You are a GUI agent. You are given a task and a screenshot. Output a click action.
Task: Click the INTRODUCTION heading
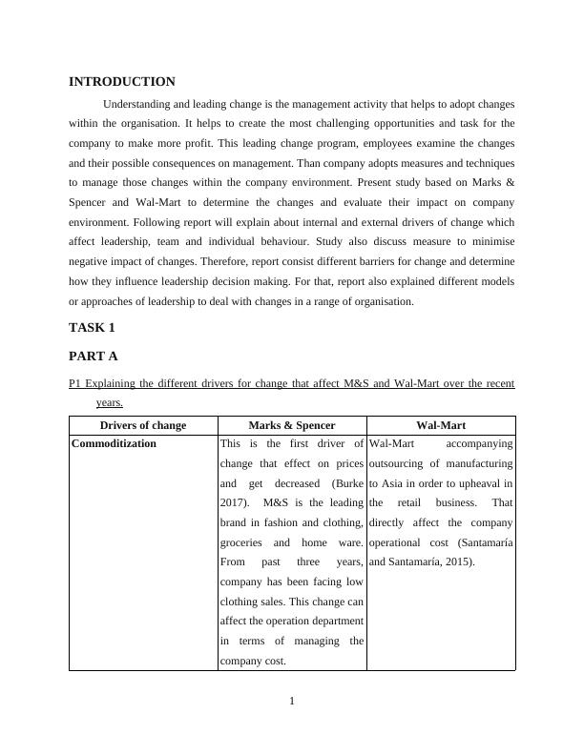tap(122, 82)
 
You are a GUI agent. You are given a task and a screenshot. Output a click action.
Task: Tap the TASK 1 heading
tap(92, 327)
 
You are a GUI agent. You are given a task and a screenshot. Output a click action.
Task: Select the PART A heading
tap(94, 356)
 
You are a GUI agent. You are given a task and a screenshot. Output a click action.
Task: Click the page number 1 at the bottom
tap(292, 702)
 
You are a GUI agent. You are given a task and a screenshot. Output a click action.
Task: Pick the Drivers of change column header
tap(143, 425)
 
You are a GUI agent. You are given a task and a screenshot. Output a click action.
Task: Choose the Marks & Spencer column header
tap(292, 425)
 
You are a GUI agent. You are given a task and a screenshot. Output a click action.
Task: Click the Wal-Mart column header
tap(441, 425)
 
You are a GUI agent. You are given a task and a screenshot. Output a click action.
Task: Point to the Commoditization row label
tap(115, 443)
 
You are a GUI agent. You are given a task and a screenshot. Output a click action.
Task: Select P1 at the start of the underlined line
tap(75, 383)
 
